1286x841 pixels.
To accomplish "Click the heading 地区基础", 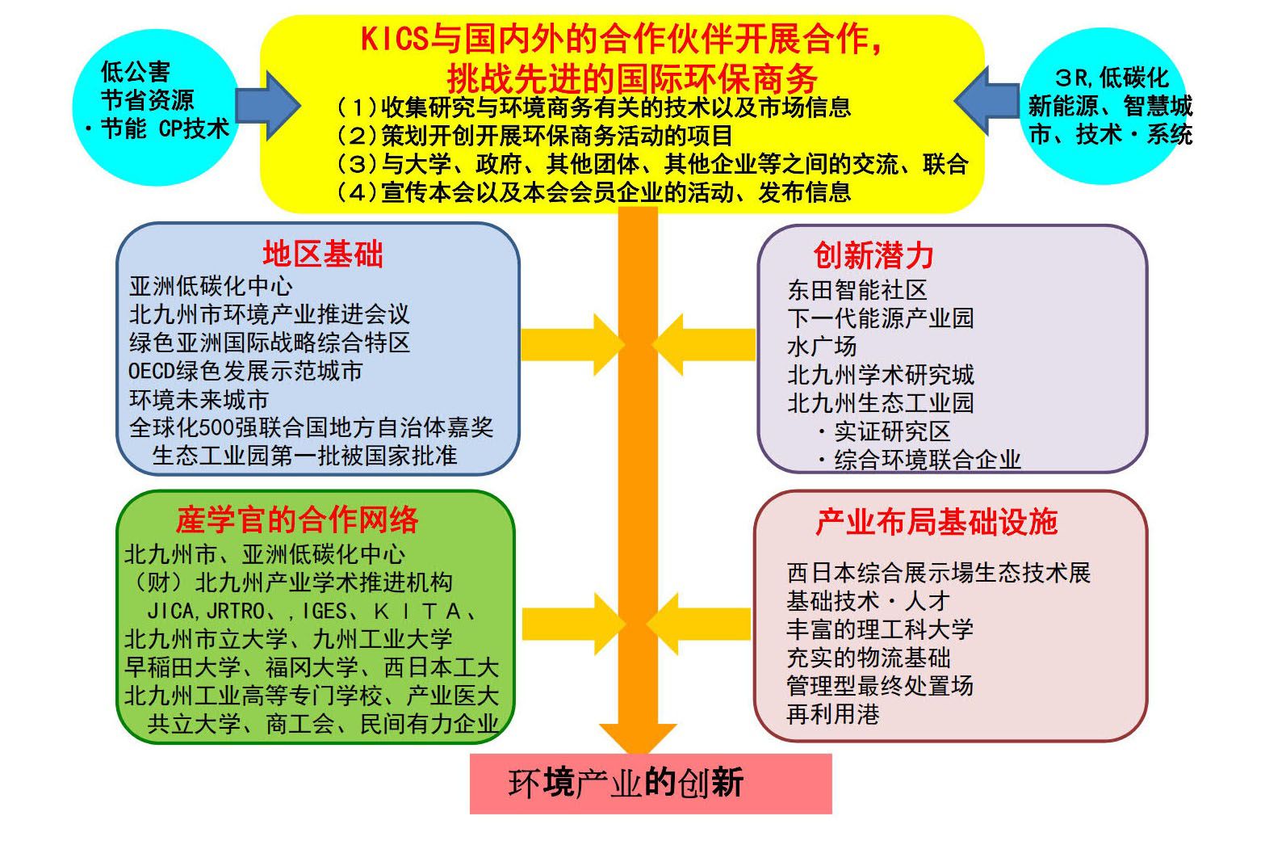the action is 323,254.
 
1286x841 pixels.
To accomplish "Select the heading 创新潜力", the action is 873,255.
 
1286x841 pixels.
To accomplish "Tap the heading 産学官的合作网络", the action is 297,520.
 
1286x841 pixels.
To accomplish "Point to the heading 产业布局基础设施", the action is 936,522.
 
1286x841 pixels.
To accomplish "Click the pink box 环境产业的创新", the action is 651,784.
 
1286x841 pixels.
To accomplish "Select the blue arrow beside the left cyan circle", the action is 268,106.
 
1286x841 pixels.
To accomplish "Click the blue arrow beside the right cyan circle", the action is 986,101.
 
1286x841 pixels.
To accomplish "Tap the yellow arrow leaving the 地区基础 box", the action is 573,345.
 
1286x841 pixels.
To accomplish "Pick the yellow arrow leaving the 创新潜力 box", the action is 704,345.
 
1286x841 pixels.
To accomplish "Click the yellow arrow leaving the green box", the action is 574,624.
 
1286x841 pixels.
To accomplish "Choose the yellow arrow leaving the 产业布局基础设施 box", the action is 698,624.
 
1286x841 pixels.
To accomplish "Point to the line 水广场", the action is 822,347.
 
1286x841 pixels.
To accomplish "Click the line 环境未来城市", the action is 199,399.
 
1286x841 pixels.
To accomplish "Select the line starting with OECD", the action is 245,371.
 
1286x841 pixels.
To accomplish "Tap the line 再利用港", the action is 833,714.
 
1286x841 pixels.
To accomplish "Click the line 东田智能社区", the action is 857,290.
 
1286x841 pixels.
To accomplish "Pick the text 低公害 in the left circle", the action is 136,72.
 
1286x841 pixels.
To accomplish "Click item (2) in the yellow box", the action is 534,136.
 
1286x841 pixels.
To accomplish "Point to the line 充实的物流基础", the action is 869,658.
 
